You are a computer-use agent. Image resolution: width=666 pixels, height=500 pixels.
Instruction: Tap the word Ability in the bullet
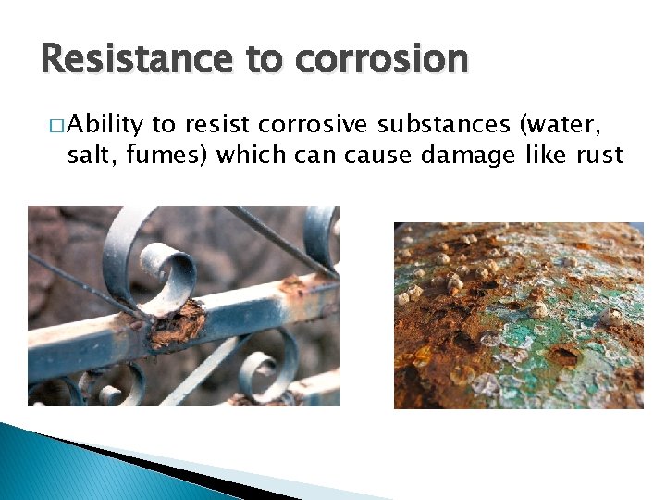(x=105, y=123)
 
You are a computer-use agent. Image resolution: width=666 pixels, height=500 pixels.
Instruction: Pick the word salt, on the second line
(x=90, y=154)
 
